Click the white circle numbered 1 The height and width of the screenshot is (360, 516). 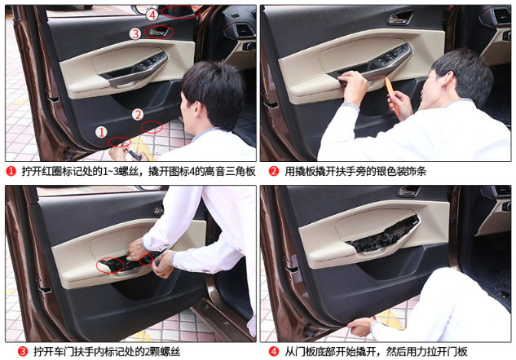[101, 132]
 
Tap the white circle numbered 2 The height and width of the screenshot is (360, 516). [138, 114]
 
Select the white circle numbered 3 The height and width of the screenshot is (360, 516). [135, 33]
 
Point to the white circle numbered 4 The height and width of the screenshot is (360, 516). [152, 15]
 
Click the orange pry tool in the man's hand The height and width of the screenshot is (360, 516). [392, 95]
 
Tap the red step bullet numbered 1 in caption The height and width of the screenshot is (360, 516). [11, 171]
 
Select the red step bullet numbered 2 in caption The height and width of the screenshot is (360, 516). [274, 171]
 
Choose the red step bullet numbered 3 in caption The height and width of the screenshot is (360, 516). [22, 352]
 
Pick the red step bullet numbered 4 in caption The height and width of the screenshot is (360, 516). [274, 352]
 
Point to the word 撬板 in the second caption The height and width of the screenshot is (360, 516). [305, 171]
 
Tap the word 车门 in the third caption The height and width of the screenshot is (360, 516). [64, 352]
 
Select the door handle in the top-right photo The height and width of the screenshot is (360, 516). [399, 18]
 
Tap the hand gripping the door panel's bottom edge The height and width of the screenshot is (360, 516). [360, 326]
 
